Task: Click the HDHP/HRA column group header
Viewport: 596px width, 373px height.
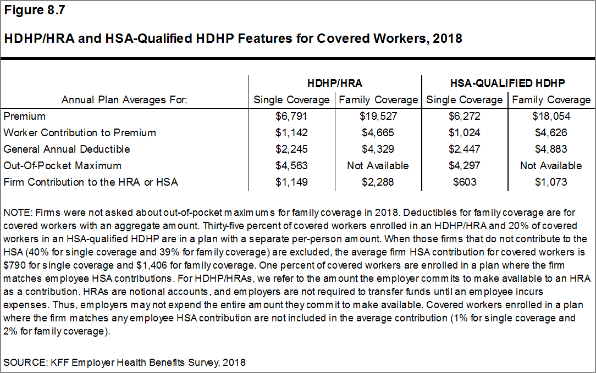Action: (x=335, y=83)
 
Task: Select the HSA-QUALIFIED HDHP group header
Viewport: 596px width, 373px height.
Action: (x=507, y=83)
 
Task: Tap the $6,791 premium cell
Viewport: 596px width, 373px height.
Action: (x=291, y=116)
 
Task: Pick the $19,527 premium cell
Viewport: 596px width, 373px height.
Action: (x=378, y=116)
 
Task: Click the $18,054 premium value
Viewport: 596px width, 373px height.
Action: (x=551, y=116)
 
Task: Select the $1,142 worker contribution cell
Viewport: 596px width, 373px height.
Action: (x=291, y=133)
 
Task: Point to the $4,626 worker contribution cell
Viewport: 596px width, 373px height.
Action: (x=551, y=133)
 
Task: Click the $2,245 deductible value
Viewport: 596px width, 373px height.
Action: (x=291, y=149)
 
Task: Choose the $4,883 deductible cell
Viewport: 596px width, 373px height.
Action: (x=551, y=149)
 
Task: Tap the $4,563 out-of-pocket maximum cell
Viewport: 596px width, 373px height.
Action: (x=291, y=165)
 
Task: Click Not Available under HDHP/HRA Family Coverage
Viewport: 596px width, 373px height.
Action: (x=378, y=165)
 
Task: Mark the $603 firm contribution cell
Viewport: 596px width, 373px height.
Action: (x=464, y=182)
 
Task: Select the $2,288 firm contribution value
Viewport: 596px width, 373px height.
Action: (x=378, y=182)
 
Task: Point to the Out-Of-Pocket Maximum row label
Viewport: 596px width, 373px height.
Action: (x=62, y=165)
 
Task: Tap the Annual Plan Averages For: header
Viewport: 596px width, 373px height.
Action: (x=124, y=100)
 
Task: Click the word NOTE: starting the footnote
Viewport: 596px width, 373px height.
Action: (x=17, y=212)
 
